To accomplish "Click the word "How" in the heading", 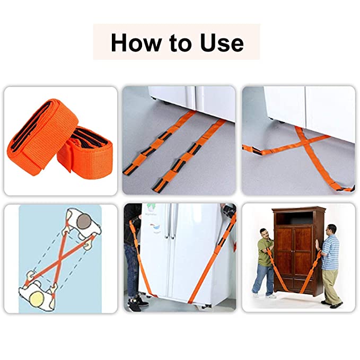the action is [x=136, y=43].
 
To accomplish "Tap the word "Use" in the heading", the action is [x=222, y=43].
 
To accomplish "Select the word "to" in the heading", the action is [x=180, y=43].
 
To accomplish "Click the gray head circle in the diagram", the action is [x=84, y=222].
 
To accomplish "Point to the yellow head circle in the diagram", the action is [x=38, y=298].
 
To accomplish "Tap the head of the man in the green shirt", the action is [x=265, y=233].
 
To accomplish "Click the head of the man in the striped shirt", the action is [x=331, y=230].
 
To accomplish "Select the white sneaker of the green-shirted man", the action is [x=271, y=296].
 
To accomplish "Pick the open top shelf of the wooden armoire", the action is [x=295, y=218].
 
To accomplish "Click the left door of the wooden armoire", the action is [x=285, y=250].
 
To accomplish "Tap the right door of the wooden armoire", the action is [x=303, y=250].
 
